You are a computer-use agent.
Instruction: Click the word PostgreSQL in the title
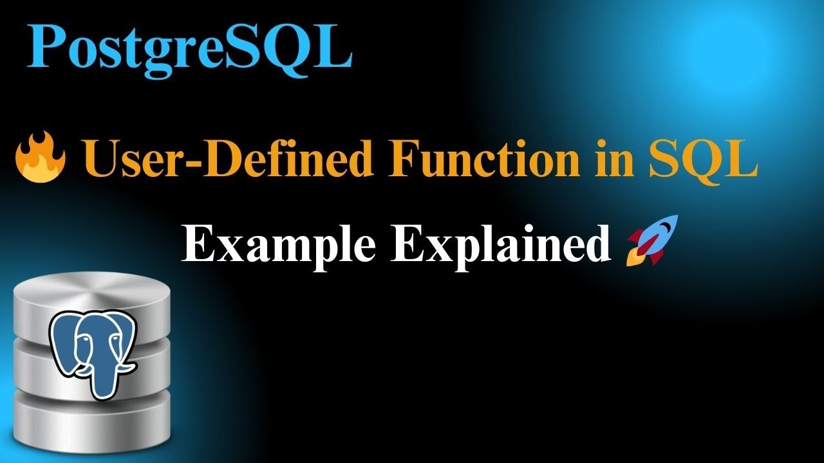tap(189, 49)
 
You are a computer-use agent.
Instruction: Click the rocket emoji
tap(644, 240)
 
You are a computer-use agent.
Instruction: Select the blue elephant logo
tap(91, 351)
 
